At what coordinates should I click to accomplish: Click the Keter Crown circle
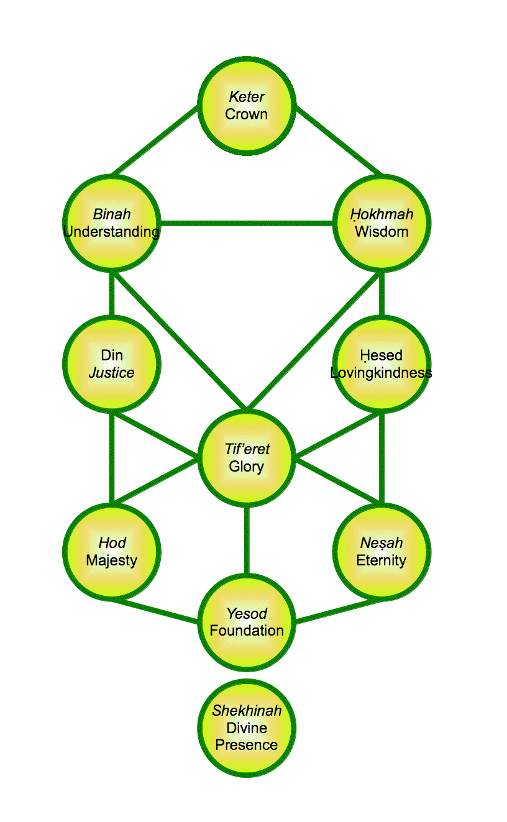[x=247, y=105]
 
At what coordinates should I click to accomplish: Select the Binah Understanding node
[x=112, y=223]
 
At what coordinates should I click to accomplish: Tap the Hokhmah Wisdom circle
[x=381, y=223]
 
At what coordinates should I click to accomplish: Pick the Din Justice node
[x=112, y=363]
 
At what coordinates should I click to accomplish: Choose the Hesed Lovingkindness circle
[x=381, y=363]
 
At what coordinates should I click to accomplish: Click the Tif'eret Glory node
[x=247, y=458]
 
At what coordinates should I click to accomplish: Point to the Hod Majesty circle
[x=112, y=551]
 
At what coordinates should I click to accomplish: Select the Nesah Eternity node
[x=381, y=551]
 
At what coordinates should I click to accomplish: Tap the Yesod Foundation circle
[x=247, y=622]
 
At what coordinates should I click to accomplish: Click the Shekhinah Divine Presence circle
[x=247, y=728]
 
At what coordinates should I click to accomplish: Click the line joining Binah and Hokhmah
[x=247, y=223]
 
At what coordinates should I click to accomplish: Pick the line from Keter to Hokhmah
[x=339, y=141]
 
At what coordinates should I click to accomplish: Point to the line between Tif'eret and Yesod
[x=247, y=541]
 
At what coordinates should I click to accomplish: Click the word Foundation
[x=247, y=631]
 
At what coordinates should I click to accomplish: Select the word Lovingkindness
[x=381, y=373]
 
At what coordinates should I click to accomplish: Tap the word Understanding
[x=112, y=232]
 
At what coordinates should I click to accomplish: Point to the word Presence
[x=247, y=744]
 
